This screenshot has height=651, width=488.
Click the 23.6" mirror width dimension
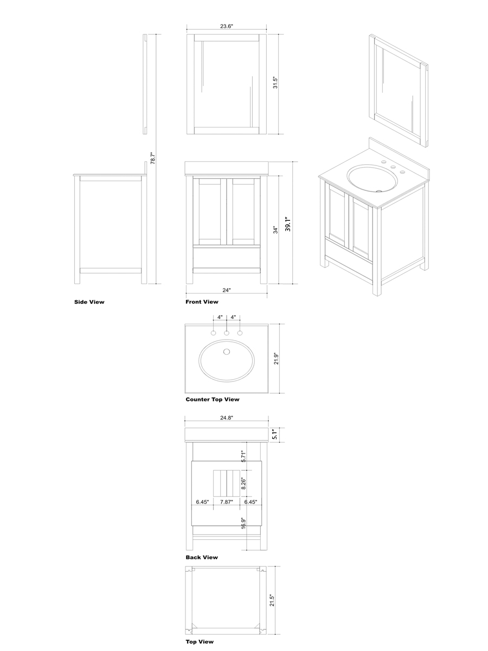tap(226, 26)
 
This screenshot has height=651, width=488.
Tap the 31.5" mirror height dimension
tap(275, 83)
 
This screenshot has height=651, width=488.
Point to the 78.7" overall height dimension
tap(153, 158)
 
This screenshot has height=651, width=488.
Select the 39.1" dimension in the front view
tap(287, 224)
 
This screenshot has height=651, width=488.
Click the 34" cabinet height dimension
tap(276, 230)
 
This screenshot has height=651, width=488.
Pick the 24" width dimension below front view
tap(226, 290)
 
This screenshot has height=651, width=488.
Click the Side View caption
tap(89, 302)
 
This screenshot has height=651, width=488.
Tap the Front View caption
tap(202, 302)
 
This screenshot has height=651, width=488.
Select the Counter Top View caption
tap(213, 399)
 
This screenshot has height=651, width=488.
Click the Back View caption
tap(202, 557)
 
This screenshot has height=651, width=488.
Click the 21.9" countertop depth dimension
tap(276, 359)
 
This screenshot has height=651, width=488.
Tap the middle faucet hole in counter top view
tap(226, 333)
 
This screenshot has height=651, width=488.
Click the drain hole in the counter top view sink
tap(227, 352)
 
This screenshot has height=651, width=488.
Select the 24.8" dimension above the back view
tap(227, 418)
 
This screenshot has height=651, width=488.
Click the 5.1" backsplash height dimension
tap(275, 435)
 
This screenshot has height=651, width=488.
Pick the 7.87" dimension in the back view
tap(227, 502)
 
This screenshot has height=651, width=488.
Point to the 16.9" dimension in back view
tap(243, 524)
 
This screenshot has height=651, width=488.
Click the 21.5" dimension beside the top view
tap(272, 600)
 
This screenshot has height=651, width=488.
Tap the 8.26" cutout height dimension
tap(243, 483)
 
